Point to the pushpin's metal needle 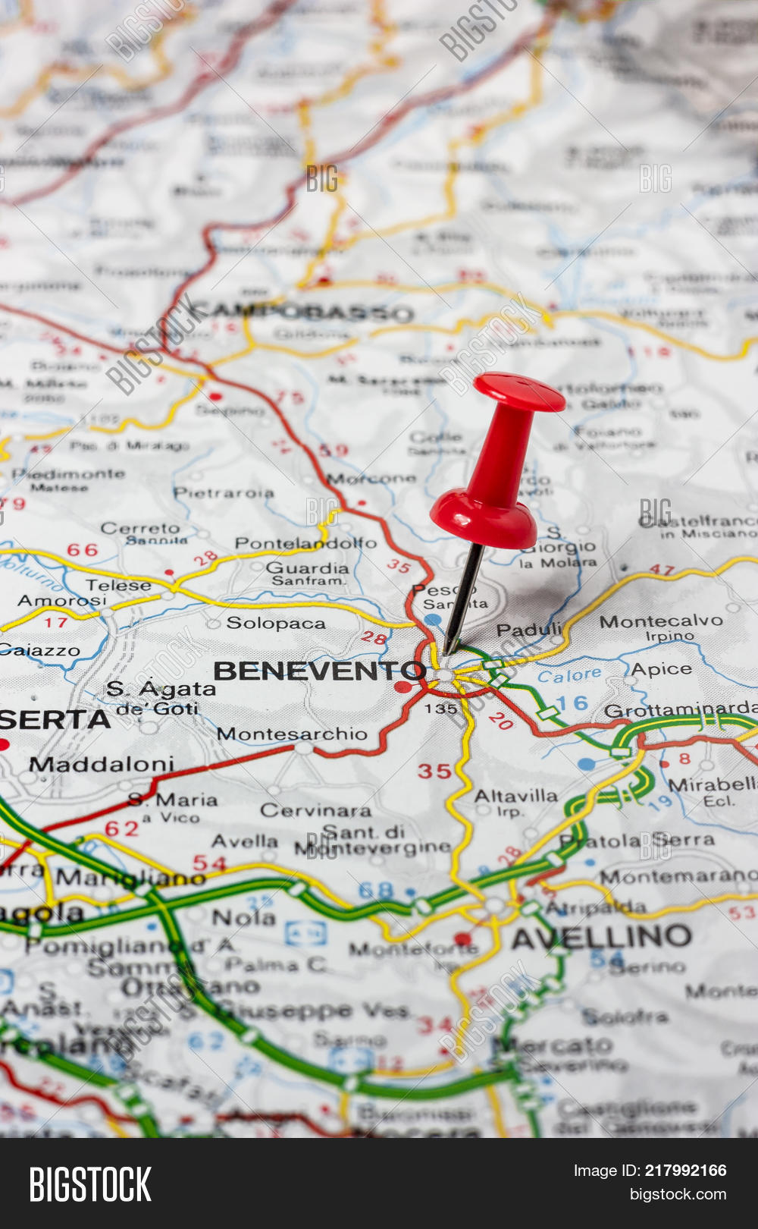[x=462, y=599]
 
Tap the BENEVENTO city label [x=319, y=671]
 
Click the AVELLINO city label [x=601, y=938]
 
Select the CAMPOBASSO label [x=302, y=312]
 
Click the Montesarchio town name [x=292, y=734]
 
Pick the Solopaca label [x=276, y=624]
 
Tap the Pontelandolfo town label [x=305, y=543]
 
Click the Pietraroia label [x=224, y=493]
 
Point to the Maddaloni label [x=102, y=764]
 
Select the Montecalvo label [x=661, y=621]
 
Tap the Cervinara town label [x=315, y=810]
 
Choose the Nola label [x=243, y=918]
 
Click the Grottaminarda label [x=680, y=711]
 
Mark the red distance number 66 [x=83, y=549]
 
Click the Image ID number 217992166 [x=685, y=1171]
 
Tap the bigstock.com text [x=678, y=1195]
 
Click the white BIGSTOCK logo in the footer [x=90, y=1184]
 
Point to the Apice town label [x=661, y=669]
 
